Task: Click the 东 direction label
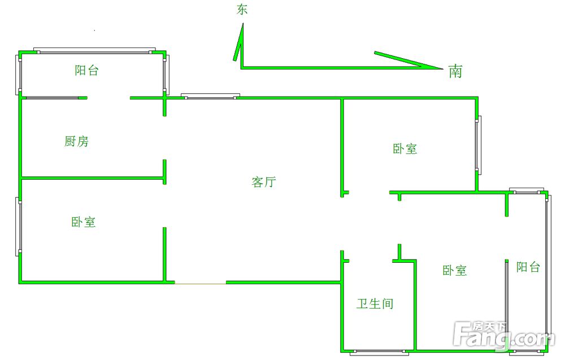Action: pos(242,9)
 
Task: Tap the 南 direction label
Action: pos(455,71)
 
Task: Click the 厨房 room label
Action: pos(76,141)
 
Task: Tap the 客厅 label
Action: pos(263,182)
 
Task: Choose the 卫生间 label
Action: pos(375,304)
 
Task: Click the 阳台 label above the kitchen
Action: pos(86,71)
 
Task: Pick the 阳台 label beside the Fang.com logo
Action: pos(528,267)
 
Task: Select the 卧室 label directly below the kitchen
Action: pos(83,222)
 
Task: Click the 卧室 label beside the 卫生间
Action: pos(455,271)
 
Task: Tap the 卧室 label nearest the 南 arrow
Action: pos(405,149)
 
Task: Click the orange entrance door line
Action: pos(200,283)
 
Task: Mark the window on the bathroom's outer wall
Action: pos(379,352)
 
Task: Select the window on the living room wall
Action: pos(210,96)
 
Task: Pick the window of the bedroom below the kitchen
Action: pos(19,227)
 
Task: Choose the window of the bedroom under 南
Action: pos(478,145)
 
